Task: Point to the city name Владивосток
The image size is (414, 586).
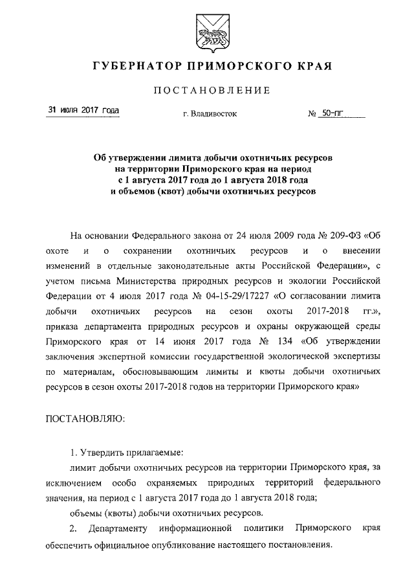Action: click(211, 114)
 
